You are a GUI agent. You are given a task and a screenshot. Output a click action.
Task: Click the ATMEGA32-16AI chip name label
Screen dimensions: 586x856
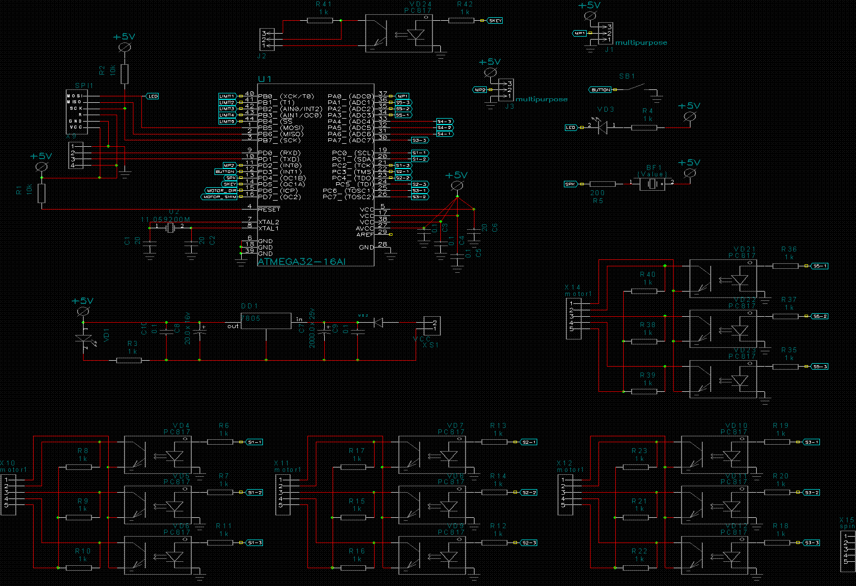(x=301, y=262)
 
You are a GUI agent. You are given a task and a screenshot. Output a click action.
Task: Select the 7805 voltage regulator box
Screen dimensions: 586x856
(x=266, y=321)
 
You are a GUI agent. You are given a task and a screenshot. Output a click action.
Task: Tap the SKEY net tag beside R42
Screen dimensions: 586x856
(x=495, y=21)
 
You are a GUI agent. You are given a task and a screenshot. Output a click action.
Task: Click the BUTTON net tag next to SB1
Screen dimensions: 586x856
(x=600, y=90)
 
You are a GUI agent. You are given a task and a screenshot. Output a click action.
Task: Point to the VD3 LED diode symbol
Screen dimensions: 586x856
(x=602, y=127)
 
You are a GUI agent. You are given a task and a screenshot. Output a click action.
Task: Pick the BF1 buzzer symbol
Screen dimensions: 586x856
(x=652, y=184)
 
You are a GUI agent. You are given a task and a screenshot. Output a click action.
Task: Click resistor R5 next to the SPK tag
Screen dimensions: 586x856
(x=602, y=184)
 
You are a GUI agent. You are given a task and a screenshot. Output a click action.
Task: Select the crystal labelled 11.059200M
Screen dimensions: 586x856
(x=170, y=227)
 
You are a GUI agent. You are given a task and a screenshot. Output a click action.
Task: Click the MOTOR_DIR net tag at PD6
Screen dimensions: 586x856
(x=221, y=191)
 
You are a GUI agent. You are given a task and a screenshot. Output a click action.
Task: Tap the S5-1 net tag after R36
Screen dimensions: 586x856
(x=820, y=266)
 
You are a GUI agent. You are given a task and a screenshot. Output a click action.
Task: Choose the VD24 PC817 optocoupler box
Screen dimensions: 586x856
(x=399, y=33)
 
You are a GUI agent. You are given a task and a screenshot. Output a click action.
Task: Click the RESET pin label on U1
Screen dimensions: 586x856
(x=269, y=209)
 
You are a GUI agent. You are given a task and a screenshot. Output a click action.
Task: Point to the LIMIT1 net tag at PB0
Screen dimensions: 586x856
(x=227, y=96)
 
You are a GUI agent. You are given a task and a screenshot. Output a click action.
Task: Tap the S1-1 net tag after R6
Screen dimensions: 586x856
(x=255, y=442)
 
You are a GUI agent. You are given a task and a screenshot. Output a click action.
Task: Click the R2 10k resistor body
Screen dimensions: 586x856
(x=125, y=74)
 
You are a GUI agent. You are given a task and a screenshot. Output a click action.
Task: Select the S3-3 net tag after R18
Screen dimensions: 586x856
(x=812, y=543)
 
